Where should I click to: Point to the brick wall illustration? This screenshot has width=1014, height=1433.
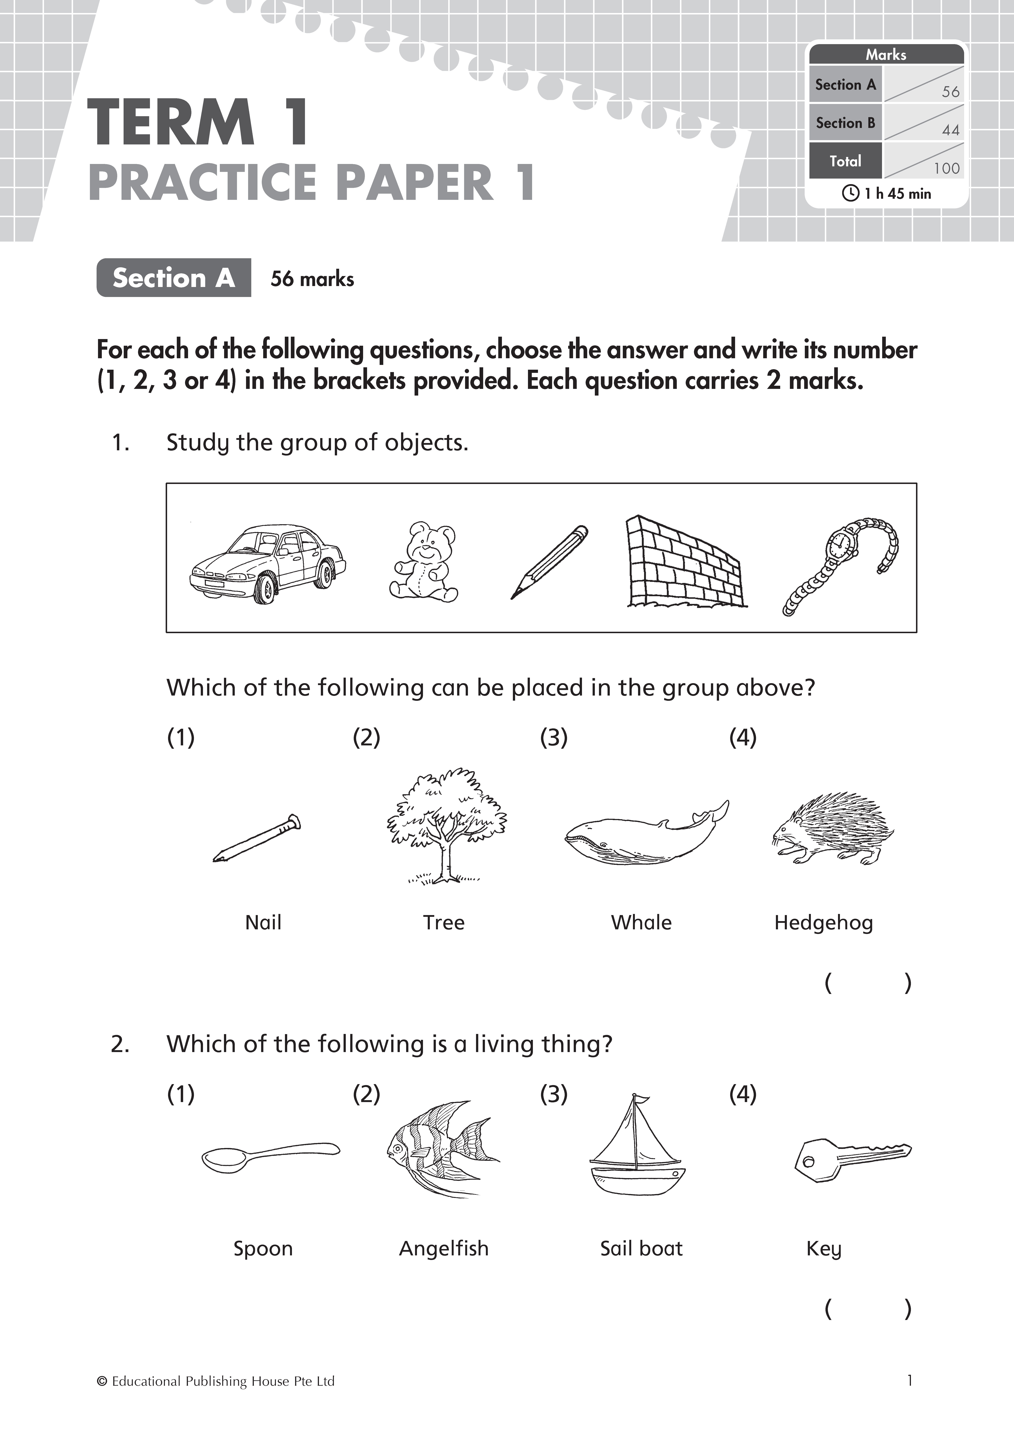pyautogui.click(x=685, y=562)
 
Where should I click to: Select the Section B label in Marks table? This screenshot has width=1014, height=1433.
pyautogui.click(x=845, y=123)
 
